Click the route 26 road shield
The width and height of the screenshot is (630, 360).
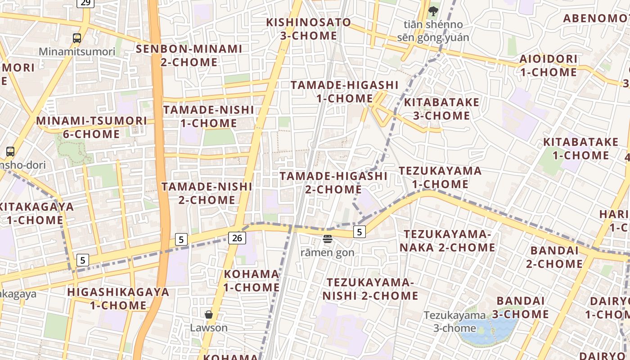[x=237, y=238]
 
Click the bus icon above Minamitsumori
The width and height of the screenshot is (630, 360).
[x=77, y=38]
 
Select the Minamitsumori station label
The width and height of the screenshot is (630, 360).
[x=77, y=51]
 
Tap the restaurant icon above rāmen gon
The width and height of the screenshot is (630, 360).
[x=327, y=239]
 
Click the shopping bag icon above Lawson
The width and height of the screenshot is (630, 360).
[x=209, y=314]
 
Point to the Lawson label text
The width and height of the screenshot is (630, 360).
[x=209, y=328]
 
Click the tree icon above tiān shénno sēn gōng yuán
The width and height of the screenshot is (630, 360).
[x=433, y=11]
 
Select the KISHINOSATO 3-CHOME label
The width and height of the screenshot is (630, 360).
[x=308, y=29]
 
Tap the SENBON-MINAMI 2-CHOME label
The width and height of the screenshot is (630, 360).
[x=189, y=55]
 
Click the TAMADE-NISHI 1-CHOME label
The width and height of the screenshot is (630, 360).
[x=208, y=117]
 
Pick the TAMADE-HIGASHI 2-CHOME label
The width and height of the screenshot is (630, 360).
[x=333, y=183]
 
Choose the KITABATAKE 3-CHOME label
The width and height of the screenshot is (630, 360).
[x=441, y=109]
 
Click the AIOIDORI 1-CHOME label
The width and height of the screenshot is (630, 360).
[x=548, y=66]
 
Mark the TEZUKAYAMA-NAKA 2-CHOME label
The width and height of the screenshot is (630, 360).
[x=447, y=241]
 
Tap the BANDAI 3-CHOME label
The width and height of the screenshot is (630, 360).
[x=520, y=307]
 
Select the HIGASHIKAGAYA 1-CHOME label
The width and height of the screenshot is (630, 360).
[x=118, y=298]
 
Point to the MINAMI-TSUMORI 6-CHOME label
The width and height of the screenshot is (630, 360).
[x=91, y=127]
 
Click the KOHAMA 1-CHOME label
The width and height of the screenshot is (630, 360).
[x=252, y=280]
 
